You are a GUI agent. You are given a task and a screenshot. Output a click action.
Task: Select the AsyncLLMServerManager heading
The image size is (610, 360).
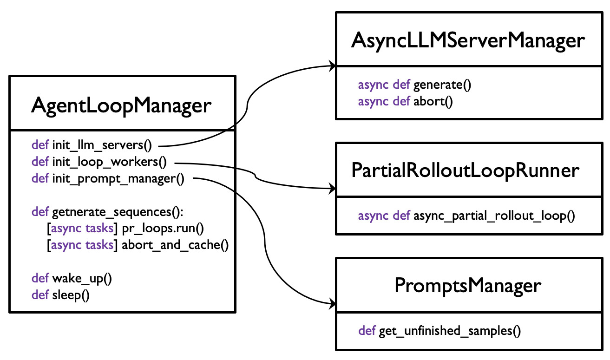[x=468, y=41]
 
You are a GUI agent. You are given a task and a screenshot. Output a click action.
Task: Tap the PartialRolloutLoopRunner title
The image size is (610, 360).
[x=465, y=171]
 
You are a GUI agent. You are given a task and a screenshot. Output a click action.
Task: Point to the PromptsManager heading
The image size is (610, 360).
[x=468, y=286]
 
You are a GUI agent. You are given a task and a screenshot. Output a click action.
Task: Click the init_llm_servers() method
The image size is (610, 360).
[x=102, y=145]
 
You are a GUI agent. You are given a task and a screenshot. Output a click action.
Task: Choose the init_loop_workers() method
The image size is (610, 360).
[x=109, y=162]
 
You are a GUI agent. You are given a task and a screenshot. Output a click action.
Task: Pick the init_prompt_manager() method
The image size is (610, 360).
[x=118, y=179]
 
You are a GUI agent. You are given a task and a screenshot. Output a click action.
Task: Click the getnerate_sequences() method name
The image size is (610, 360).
[x=118, y=212]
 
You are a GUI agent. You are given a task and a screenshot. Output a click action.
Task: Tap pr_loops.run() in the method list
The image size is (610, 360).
[x=163, y=229]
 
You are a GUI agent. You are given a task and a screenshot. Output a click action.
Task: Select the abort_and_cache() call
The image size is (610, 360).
[x=175, y=245]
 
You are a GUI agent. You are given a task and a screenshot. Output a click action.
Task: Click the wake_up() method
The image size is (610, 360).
[x=82, y=279]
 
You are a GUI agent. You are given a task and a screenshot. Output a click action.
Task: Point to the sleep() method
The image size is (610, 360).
[x=71, y=295]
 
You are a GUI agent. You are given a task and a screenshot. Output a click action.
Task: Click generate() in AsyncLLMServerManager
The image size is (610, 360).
[x=442, y=85]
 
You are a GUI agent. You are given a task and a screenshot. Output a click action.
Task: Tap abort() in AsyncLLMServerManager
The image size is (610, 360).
[x=433, y=102]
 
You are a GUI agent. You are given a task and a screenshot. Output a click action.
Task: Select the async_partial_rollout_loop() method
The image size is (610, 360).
[x=494, y=216]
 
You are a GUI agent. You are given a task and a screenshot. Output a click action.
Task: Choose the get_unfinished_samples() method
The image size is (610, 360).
[x=450, y=331]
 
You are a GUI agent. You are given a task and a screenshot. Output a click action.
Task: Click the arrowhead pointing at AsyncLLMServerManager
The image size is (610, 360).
[x=333, y=66]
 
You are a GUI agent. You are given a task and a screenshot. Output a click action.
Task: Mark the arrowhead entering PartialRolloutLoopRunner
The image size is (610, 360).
[x=333, y=188]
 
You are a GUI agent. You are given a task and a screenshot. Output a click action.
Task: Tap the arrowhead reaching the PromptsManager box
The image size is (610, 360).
[x=333, y=304]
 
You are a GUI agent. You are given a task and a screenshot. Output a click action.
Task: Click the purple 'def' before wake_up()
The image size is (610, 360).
[x=40, y=278]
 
